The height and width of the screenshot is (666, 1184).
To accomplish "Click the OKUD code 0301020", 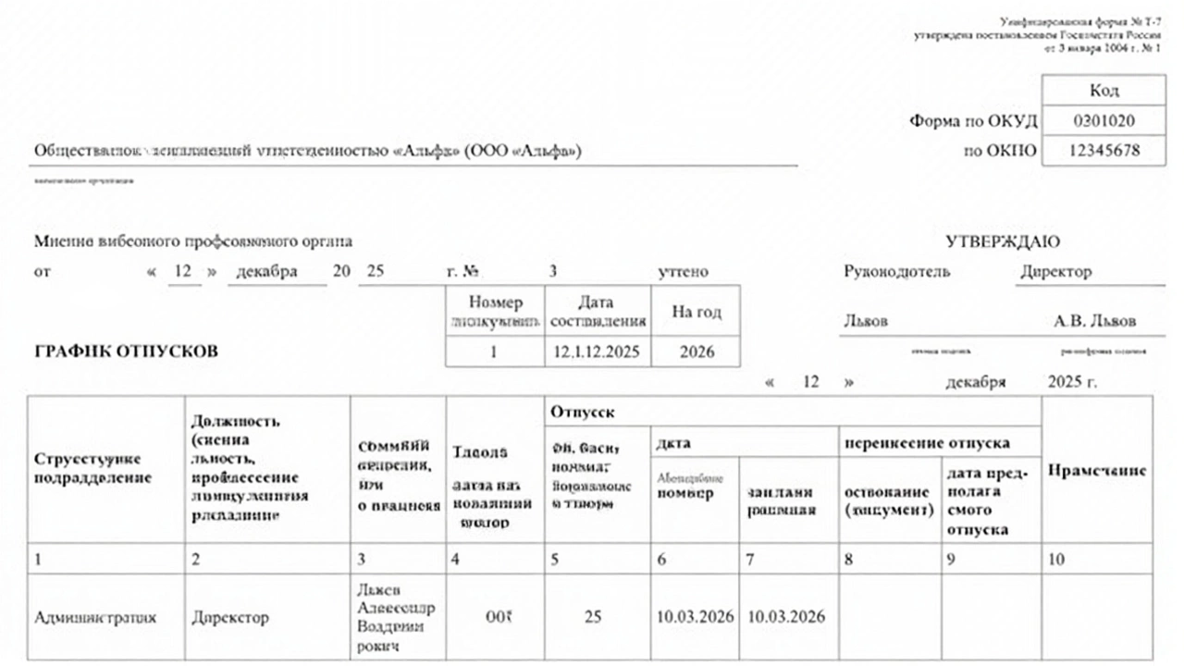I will (1104, 121).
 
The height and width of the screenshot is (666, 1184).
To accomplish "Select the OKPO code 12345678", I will (1104, 151).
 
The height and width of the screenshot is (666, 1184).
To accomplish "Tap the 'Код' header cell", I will (1104, 90).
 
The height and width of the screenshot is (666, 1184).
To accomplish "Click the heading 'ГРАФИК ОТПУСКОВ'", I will (127, 352).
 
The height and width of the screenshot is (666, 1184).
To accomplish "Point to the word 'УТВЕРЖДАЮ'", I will (1003, 241).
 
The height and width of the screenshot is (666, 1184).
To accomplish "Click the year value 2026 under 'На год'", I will (697, 352).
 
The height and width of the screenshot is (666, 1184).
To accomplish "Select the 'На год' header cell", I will (697, 312).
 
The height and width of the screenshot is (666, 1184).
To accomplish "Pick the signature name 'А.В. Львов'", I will (1095, 321).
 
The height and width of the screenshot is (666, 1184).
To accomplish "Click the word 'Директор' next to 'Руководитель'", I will (1055, 272).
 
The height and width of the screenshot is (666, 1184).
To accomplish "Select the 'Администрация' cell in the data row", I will (94, 618).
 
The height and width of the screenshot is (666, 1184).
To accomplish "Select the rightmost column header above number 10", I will (1097, 470).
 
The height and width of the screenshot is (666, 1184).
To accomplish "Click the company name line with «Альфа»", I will (308, 151).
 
